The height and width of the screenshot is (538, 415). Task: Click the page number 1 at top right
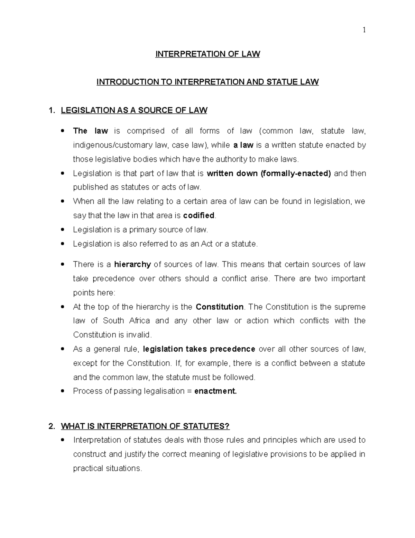pyautogui.click(x=364, y=30)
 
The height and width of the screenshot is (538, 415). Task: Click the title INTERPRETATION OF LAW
pyautogui.click(x=207, y=54)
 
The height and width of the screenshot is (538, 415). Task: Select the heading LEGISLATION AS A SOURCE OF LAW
pyautogui.click(x=134, y=111)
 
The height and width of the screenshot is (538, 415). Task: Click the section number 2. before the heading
pyautogui.click(x=52, y=426)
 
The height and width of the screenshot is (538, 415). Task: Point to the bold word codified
pyautogui.click(x=199, y=215)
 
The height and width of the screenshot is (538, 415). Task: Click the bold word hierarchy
pyautogui.click(x=132, y=265)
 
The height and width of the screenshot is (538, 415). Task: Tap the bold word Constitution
pyautogui.click(x=220, y=307)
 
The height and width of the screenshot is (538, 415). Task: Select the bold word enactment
pyautogui.click(x=215, y=391)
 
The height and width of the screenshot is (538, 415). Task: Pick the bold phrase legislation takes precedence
pyautogui.click(x=199, y=349)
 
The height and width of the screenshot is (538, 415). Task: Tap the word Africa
pyautogui.click(x=139, y=321)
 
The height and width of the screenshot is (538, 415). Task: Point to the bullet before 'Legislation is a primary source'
pyautogui.click(x=62, y=230)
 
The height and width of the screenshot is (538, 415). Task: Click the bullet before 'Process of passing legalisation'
pyautogui.click(x=62, y=391)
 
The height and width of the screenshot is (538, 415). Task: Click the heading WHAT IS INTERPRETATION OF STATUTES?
pyautogui.click(x=145, y=426)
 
